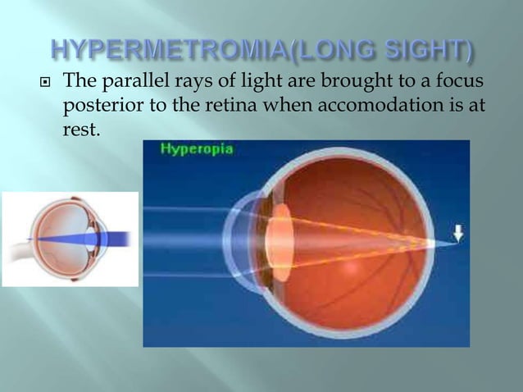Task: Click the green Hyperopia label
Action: pos(185,149)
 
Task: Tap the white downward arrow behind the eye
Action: pos(457,234)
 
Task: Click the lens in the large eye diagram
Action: pos(280,240)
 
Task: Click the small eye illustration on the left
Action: pos(70,239)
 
